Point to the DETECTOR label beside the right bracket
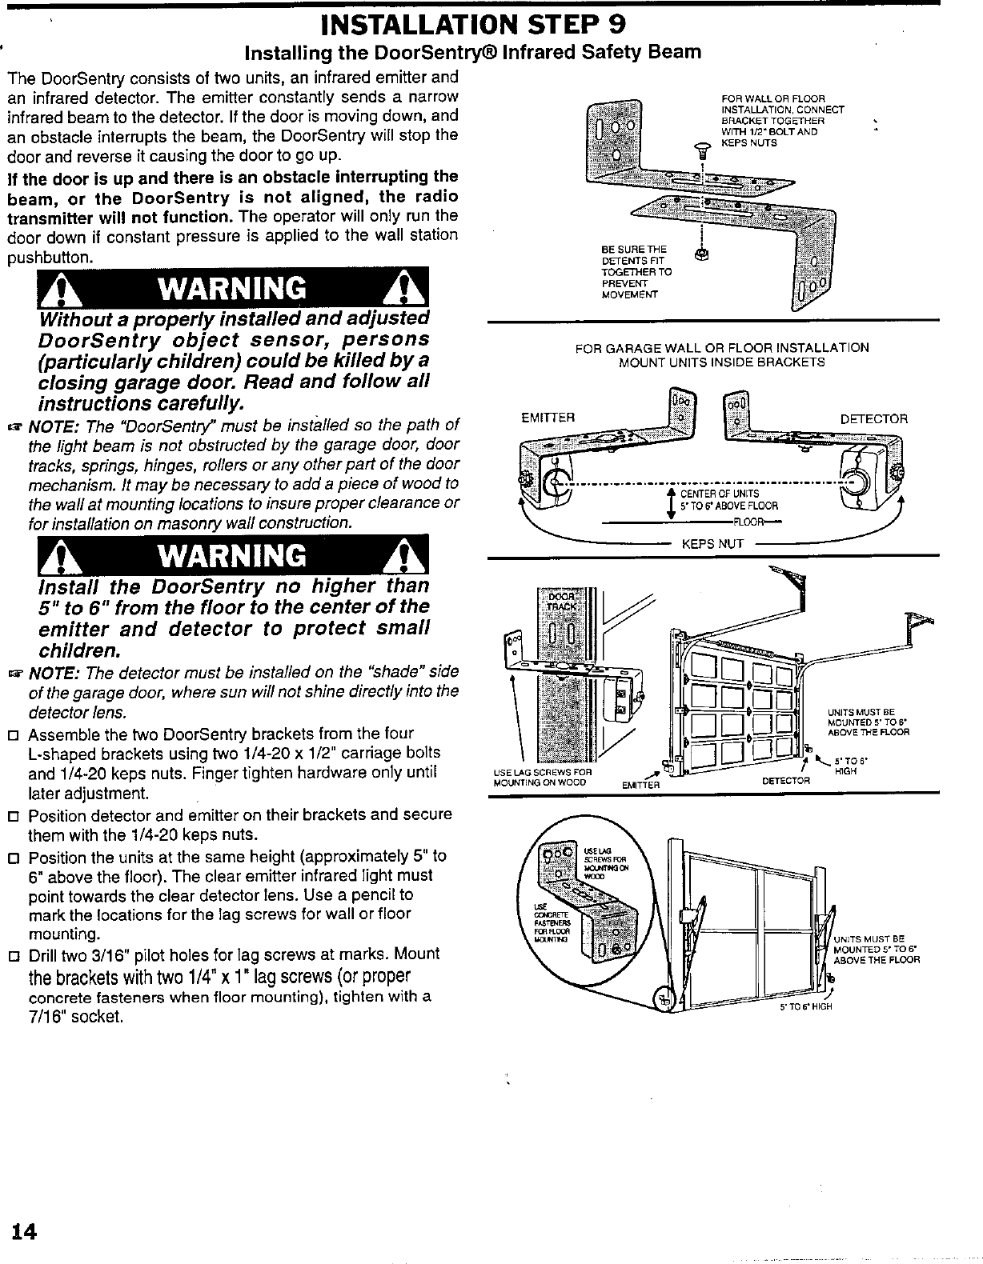click(x=873, y=418)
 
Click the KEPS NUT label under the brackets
click(x=712, y=544)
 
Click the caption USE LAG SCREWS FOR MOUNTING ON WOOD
click(x=540, y=777)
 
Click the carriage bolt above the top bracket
click(x=703, y=150)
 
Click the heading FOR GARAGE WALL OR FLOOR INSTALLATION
click(x=721, y=347)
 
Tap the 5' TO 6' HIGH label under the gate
click(x=806, y=1006)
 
